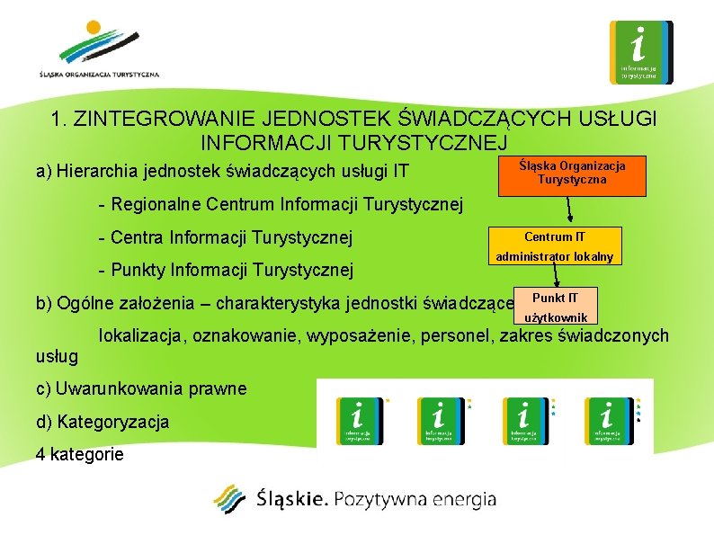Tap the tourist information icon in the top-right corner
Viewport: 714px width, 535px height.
pos(640,52)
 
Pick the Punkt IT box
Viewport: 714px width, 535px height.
pos(556,307)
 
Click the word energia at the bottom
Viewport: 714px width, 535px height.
pos(458,500)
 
